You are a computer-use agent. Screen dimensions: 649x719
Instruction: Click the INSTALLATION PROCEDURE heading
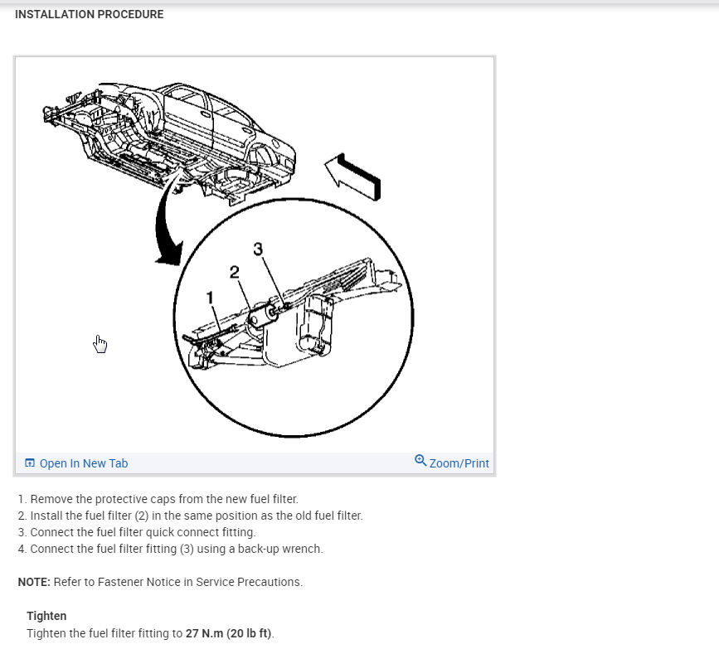[90, 14]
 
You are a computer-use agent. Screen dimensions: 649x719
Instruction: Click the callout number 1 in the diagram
[211, 298]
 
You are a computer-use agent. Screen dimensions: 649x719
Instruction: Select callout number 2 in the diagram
[235, 271]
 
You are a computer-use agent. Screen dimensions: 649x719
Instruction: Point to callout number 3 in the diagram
[258, 249]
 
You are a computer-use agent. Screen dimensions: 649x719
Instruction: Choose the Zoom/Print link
[459, 463]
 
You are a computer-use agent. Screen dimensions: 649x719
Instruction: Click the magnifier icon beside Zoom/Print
[420, 461]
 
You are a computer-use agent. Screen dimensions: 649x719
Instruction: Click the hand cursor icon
[100, 343]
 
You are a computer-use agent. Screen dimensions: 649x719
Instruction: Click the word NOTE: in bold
[34, 582]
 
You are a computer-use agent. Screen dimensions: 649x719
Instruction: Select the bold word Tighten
[46, 616]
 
